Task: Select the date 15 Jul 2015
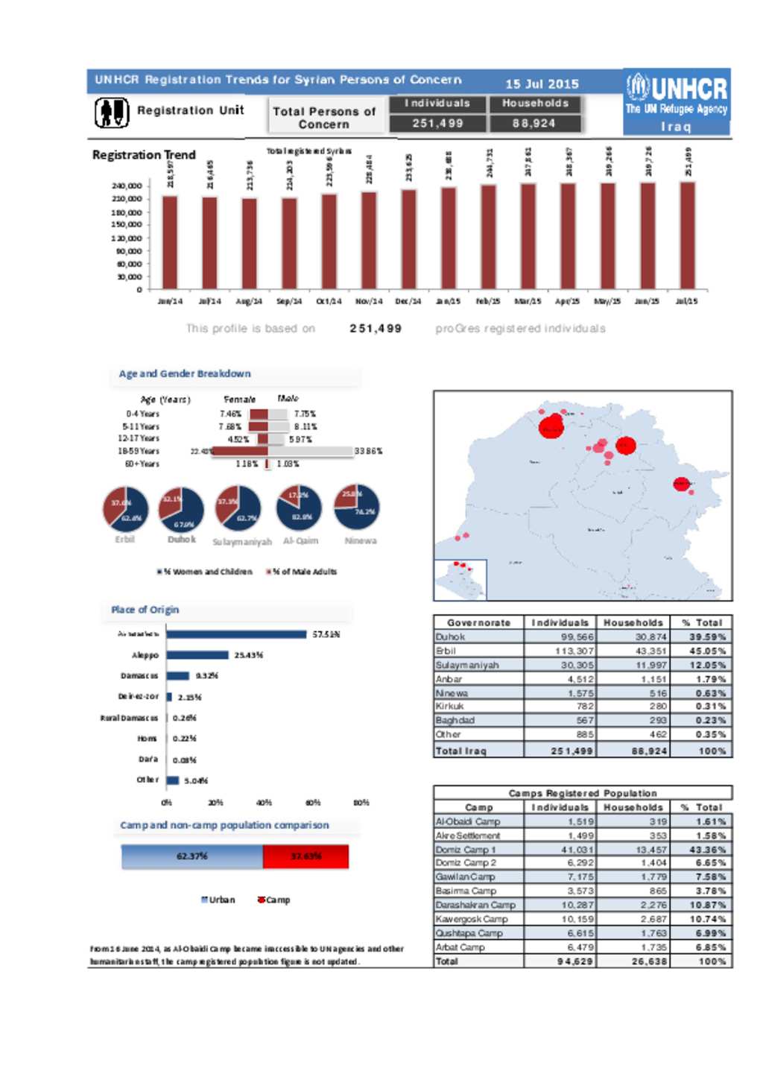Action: click(542, 84)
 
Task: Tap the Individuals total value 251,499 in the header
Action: click(437, 124)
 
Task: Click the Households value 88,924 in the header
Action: click(534, 124)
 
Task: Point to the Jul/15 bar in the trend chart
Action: click(687, 236)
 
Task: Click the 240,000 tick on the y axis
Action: click(127, 186)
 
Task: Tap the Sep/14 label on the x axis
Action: click(289, 301)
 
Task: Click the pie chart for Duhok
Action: click(181, 509)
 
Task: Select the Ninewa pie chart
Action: click(357, 508)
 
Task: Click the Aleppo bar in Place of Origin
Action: click(197, 655)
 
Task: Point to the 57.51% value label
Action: click(326, 634)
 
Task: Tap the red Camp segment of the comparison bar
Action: click(305, 856)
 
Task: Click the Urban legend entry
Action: click(218, 900)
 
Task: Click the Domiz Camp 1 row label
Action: click(466, 850)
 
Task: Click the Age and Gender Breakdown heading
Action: click(185, 374)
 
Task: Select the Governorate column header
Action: click(478, 622)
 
